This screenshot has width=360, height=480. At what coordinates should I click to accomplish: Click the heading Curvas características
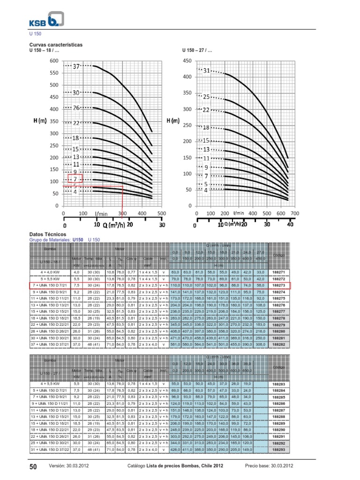[56, 45]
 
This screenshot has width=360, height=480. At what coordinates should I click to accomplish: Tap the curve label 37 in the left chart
[76, 67]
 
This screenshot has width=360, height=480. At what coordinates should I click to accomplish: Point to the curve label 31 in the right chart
[206, 70]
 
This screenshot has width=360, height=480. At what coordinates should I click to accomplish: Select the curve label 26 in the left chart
[76, 108]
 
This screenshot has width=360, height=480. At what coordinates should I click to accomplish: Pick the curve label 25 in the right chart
[206, 97]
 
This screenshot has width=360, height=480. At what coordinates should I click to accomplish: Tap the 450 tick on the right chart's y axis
[187, 60]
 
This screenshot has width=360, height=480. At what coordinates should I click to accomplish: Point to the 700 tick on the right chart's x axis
[294, 213]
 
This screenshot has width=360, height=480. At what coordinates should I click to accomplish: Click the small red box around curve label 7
[75, 179]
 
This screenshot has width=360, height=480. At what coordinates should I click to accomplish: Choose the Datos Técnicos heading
[48, 234]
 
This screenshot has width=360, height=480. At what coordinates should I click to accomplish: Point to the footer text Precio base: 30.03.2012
[269, 465]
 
